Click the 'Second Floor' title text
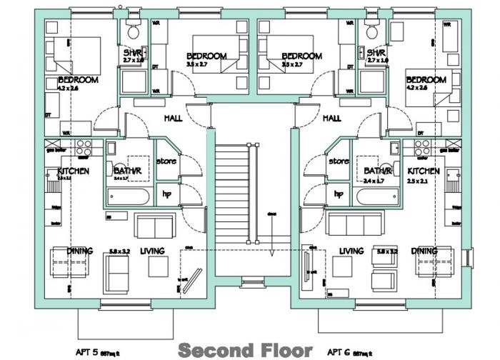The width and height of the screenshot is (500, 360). coord(244,350)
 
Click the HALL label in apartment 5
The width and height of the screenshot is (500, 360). coord(174,119)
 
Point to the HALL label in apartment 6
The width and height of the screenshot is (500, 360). coord(331,119)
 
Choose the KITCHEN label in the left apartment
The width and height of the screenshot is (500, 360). coord(73,171)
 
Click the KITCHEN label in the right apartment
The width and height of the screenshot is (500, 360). coord(424,171)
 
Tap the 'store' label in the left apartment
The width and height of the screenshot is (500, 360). coord(166,161)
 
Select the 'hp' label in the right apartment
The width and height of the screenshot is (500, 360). coord(338,194)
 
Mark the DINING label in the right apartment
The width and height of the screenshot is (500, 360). coord(424,251)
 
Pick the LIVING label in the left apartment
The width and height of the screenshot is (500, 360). coord(153,251)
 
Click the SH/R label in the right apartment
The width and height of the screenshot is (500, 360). coord(376,53)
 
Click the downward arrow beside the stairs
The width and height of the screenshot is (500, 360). coord(272,246)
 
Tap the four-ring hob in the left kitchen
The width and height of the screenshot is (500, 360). coord(84,147)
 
